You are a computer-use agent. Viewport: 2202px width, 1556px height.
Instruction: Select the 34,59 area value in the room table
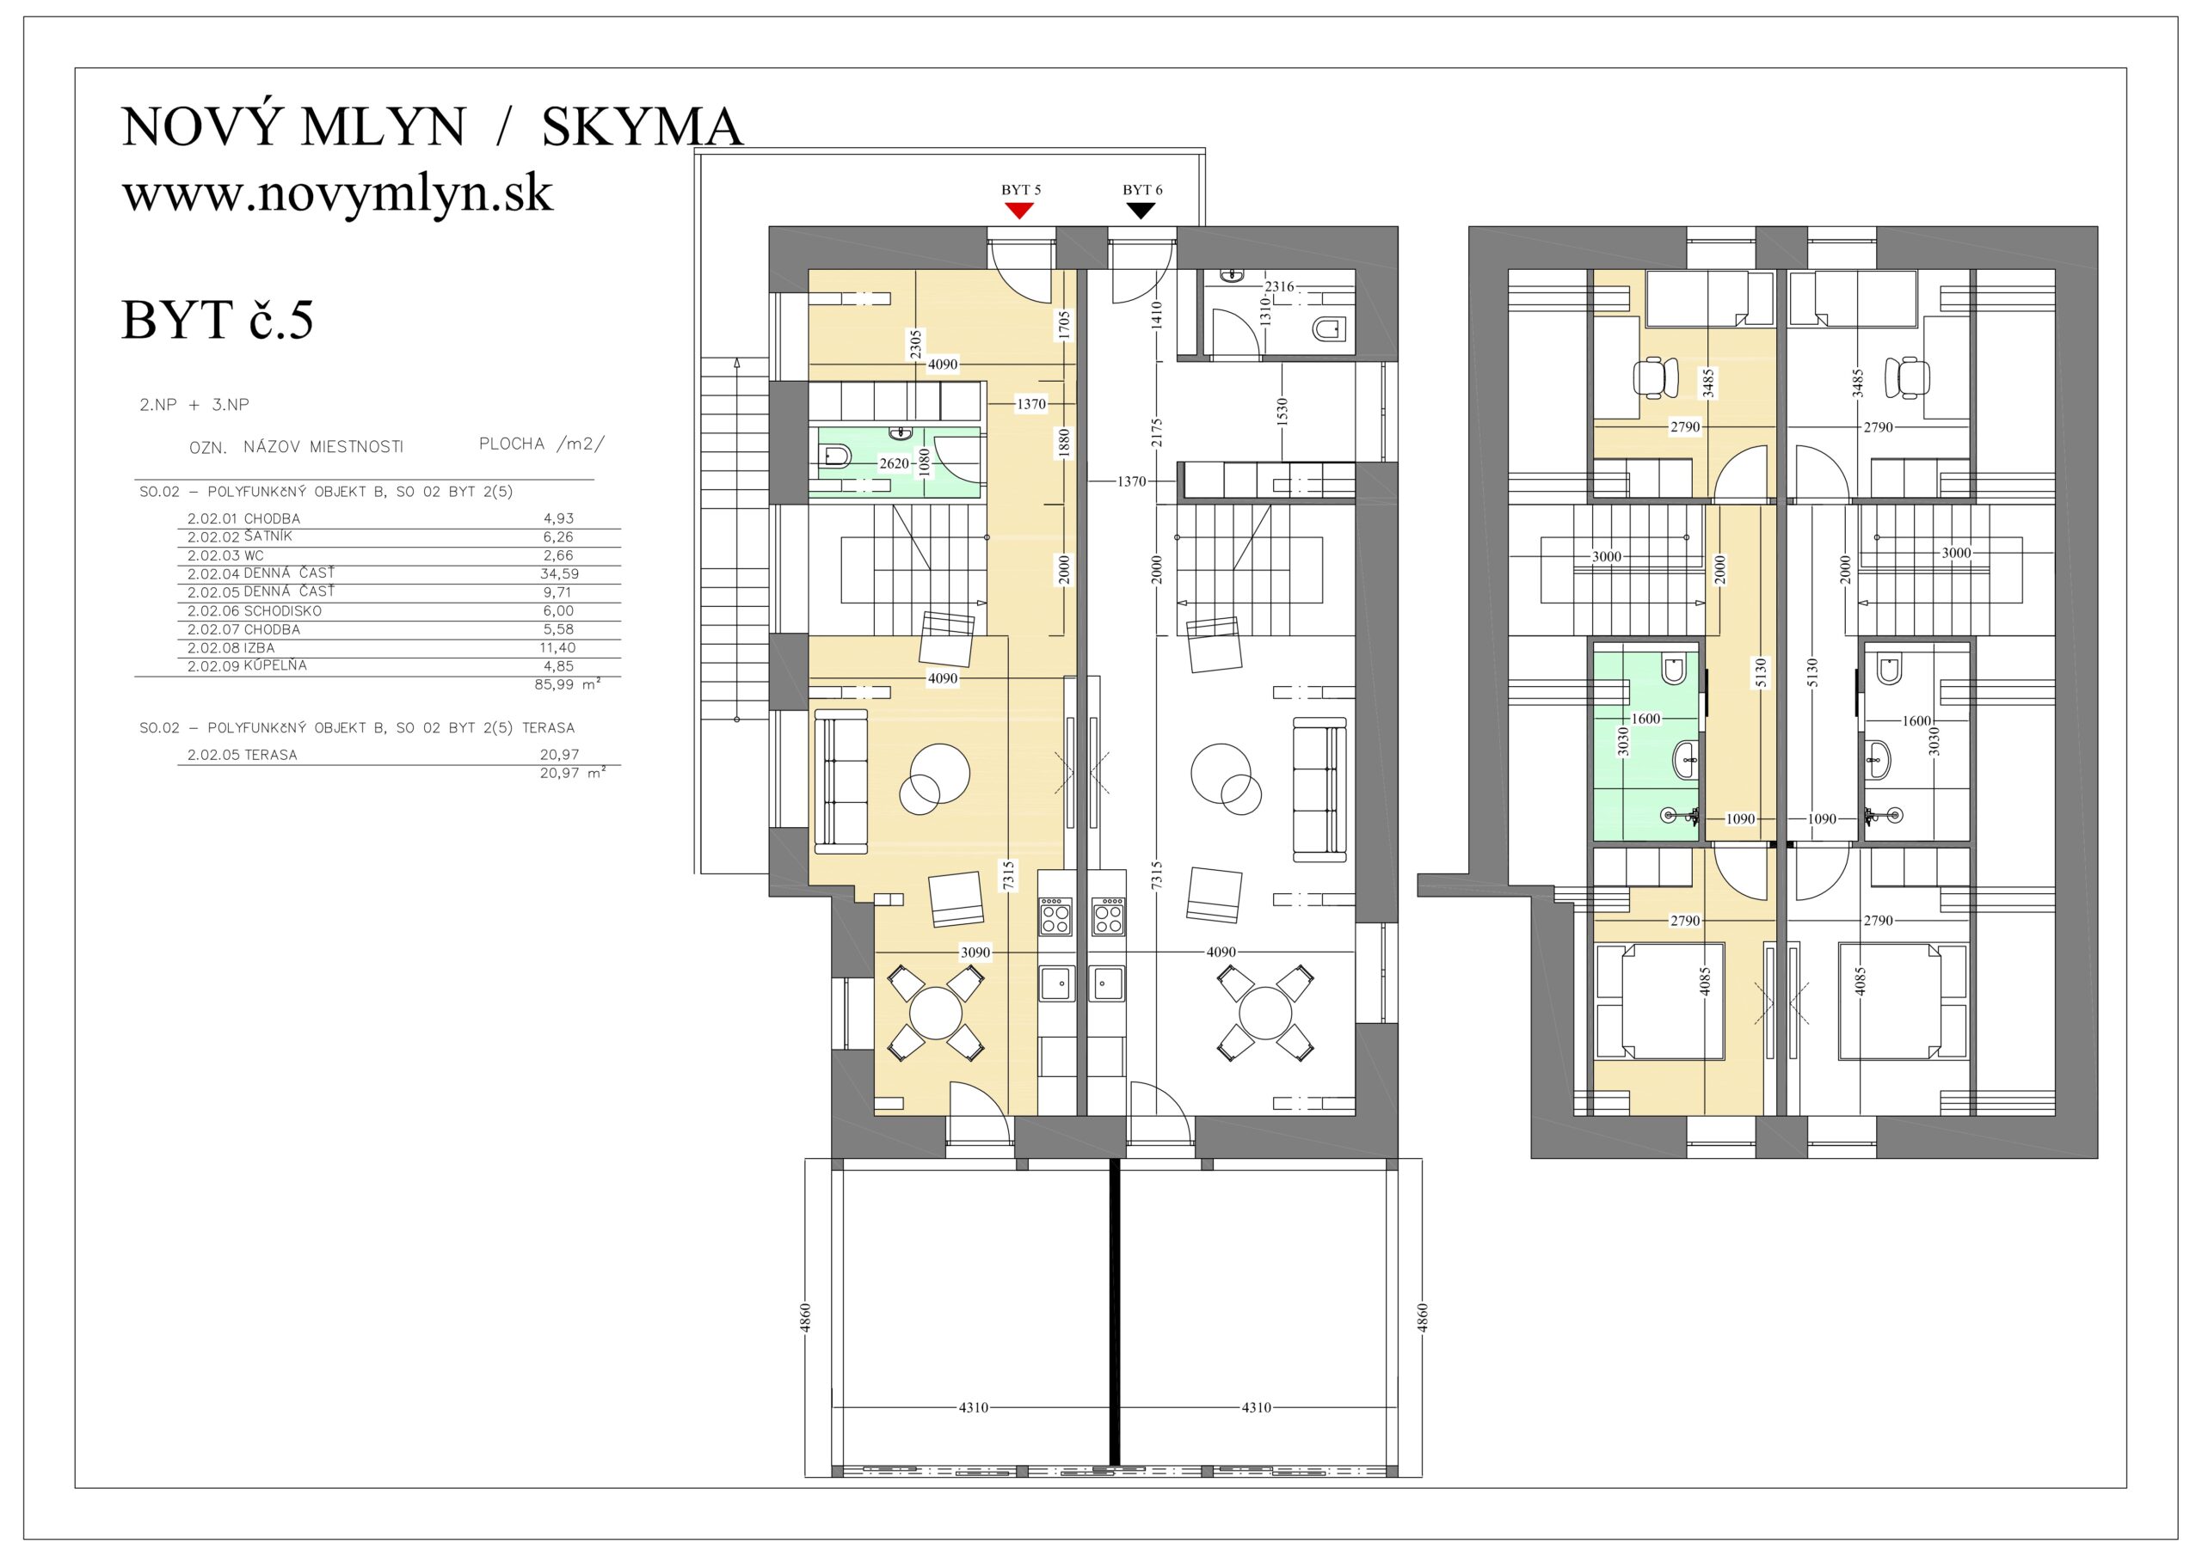pyautogui.click(x=559, y=574)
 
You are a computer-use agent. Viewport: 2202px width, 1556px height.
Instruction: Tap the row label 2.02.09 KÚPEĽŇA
pyautogui.click(x=247, y=665)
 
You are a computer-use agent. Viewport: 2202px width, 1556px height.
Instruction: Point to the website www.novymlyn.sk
pyautogui.click(x=337, y=193)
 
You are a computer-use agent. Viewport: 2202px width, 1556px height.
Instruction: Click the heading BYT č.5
pyautogui.click(x=218, y=319)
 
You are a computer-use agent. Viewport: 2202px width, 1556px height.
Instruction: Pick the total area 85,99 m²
pyautogui.click(x=568, y=684)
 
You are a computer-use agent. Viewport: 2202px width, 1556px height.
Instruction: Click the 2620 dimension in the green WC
pyautogui.click(x=894, y=463)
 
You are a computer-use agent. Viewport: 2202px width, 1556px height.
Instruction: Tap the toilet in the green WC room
pyautogui.click(x=834, y=456)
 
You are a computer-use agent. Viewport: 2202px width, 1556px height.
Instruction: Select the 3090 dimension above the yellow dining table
pyautogui.click(x=975, y=952)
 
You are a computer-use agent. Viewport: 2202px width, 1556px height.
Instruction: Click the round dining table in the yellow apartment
pyautogui.click(x=935, y=1014)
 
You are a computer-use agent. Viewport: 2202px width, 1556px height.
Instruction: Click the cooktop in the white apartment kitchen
pyautogui.click(x=1108, y=916)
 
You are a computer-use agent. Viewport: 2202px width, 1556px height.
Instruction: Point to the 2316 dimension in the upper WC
pyautogui.click(x=1279, y=285)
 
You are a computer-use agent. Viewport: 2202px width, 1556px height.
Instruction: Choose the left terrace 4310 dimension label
pyautogui.click(x=974, y=1407)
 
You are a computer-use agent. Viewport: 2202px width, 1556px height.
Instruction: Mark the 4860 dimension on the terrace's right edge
pyautogui.click(x=1424, y=1317)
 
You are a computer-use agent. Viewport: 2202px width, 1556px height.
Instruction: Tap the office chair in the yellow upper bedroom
pyautogui.click(x=1655, y=376)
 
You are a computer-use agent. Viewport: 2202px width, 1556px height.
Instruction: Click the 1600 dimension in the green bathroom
pyautogui.click(x=1645, y=718)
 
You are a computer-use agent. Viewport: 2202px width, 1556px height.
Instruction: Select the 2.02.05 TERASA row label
pyautogui.click(x=242, y=755)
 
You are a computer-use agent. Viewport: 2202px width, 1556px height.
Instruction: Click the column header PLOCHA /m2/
pyautogui.click(x=542, y=444)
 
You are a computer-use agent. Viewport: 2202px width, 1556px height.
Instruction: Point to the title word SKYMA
pyautogui.click(x=643, y=126)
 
